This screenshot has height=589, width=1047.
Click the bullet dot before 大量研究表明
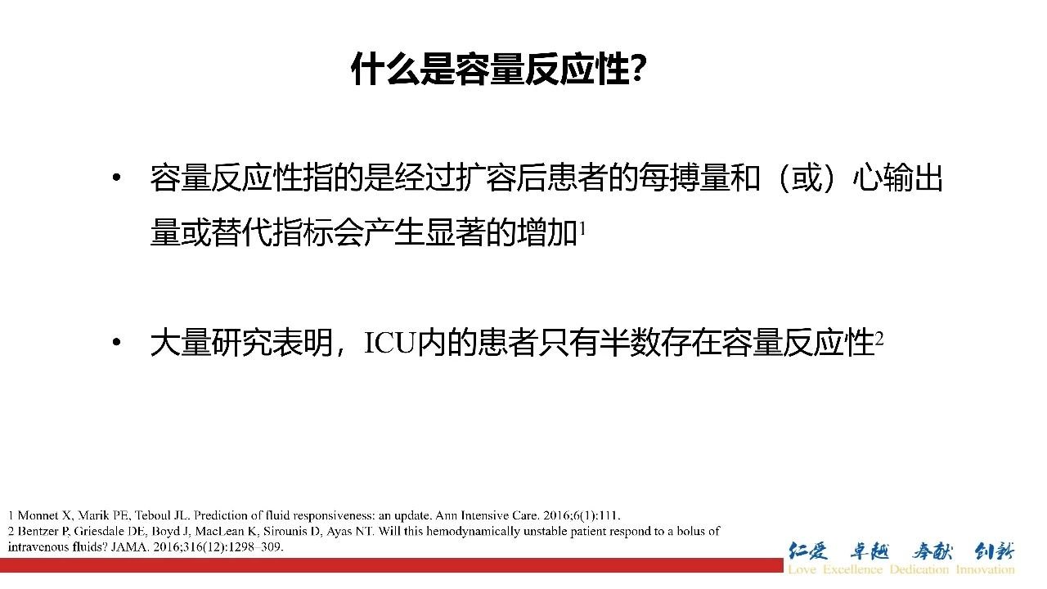click(117, 342)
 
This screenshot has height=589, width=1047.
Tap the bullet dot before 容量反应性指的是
click(117, 178)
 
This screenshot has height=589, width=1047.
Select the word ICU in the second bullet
click(389, 343)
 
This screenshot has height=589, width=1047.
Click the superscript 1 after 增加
click(582, 228)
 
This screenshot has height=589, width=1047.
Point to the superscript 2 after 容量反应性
click(878, 339)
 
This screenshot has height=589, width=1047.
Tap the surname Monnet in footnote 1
click(38, 515)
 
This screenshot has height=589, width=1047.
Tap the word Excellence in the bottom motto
click(852, 569)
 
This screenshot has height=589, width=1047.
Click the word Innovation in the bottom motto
click(986, 569)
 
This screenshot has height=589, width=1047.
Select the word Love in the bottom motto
click(802, 569)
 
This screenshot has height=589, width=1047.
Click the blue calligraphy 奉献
click(932, 551)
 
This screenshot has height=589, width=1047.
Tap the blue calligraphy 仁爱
click(808, 551)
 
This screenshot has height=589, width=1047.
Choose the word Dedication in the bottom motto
click(919, 569)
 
